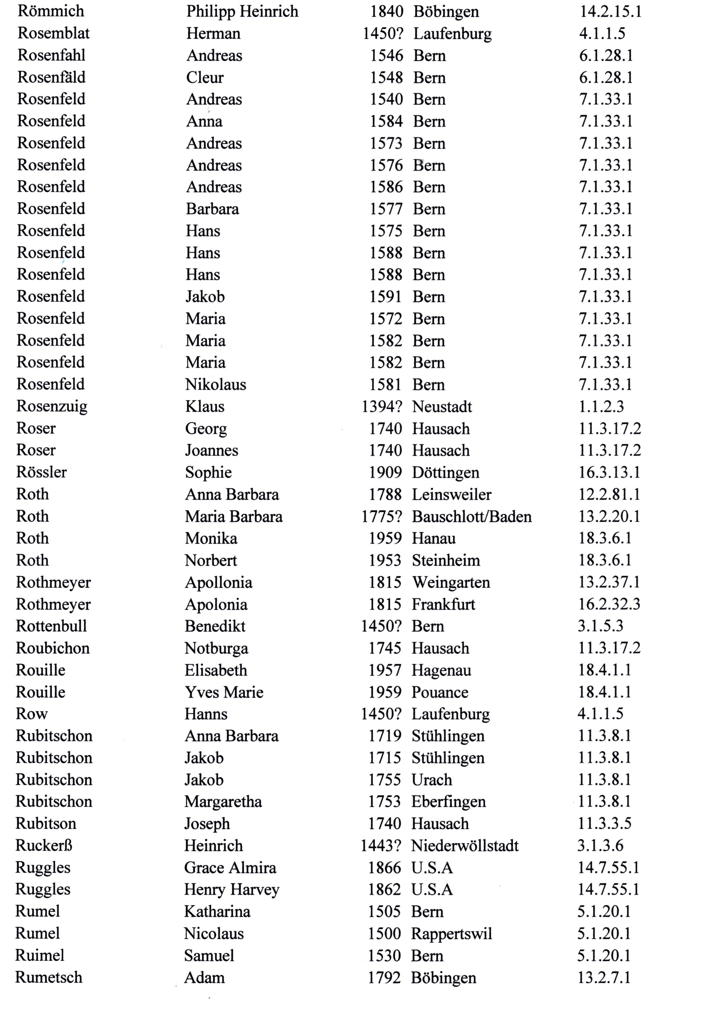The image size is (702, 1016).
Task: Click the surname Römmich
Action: click(51, 11)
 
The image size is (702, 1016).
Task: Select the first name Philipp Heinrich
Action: click(242, 11)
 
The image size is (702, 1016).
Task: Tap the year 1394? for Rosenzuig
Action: click(382, 407)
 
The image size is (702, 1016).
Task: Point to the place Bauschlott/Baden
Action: click(472, 517)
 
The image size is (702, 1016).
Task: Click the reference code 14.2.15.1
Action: click(610, 11)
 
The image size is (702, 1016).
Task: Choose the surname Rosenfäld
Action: click(51, 77)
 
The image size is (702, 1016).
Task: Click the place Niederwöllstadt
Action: click(465, 845)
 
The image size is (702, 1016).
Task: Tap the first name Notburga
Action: click(216, 648)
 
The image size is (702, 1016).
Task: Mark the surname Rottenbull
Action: click(51, 626)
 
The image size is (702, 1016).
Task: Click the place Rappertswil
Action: click(451, 933)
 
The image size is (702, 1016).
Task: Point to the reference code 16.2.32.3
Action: click(609, 604)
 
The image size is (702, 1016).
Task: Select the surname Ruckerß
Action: click(44, 845)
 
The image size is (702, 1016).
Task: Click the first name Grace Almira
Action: click(230, 867)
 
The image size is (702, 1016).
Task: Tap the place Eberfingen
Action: click(449, 802)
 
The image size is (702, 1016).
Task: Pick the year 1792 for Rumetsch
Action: click(384, 977)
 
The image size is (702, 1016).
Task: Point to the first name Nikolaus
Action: click(216, 385)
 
